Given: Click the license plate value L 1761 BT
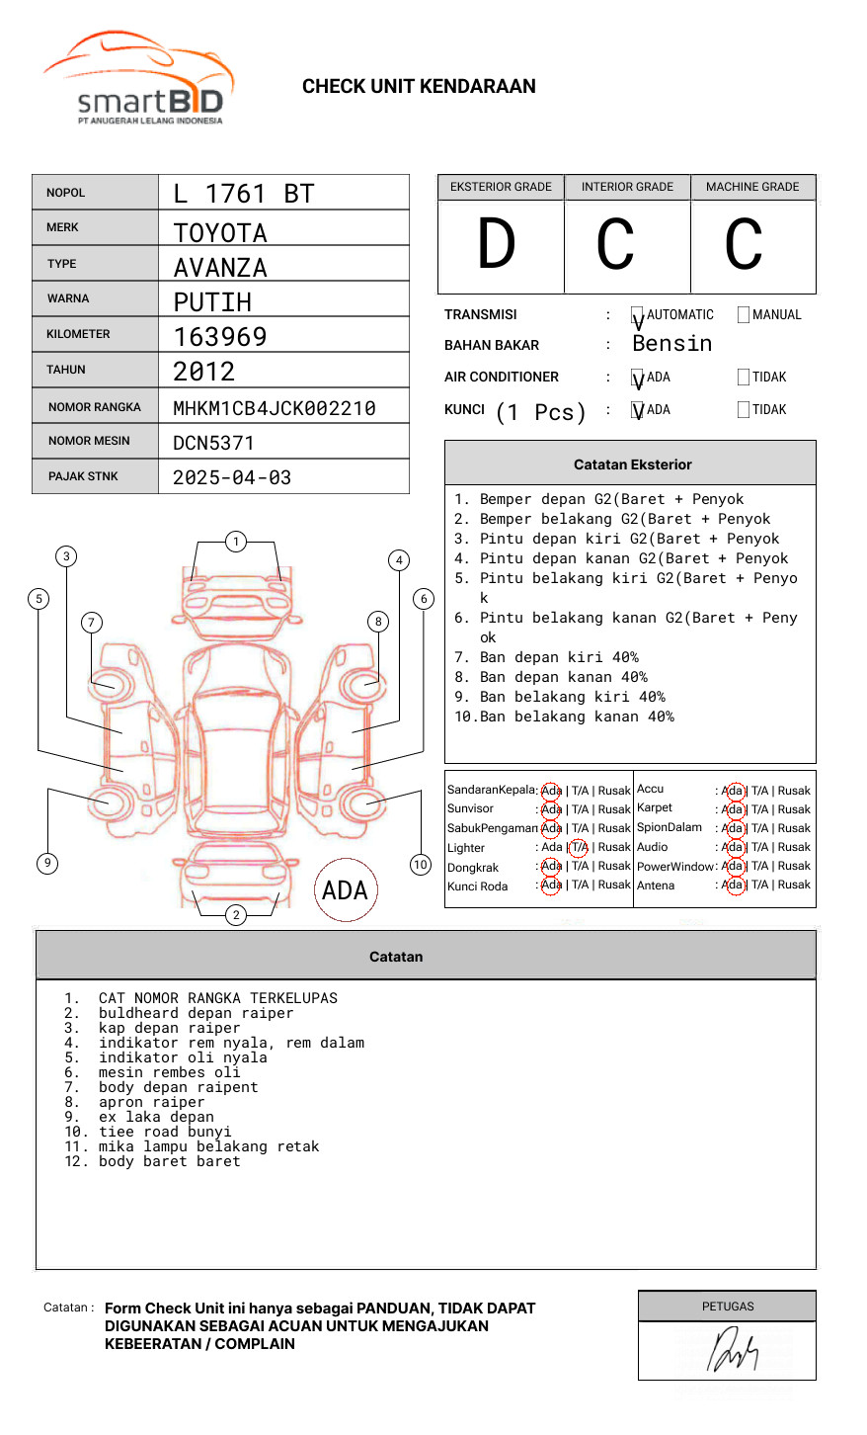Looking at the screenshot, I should click(x=243, y=194).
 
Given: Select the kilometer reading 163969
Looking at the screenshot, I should click(x=220, y=337).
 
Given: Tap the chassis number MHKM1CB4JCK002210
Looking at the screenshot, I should click(x=274, y=408).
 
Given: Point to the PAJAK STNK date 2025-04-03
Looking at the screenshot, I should click(x=232, y=477).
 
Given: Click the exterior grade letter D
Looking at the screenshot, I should click(x=497, y=245).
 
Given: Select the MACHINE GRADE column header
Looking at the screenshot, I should click(x=752, y=187).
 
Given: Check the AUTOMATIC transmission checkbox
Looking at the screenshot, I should click(x=638, y=315).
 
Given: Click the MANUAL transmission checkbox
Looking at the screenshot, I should click(x=744, y=315).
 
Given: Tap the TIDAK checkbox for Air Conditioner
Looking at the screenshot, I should click(x=744, y=378).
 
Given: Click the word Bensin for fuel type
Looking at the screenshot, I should click(x=671, y=344).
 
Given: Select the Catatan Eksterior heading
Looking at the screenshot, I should click(x=632, y=464).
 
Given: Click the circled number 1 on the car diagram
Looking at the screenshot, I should click(x=235, y=542).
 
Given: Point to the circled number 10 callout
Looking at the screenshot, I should click(x=421, y=865).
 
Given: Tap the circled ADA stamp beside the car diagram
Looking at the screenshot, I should click(x=345, y=890).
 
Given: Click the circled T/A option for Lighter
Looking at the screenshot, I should click(x=579, y=847).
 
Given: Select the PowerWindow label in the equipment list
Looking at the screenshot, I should click(x=675, y=867).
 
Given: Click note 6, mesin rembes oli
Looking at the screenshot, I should click(x=169, y=1072).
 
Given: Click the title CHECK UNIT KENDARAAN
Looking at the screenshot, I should click(x=419, y=87).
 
